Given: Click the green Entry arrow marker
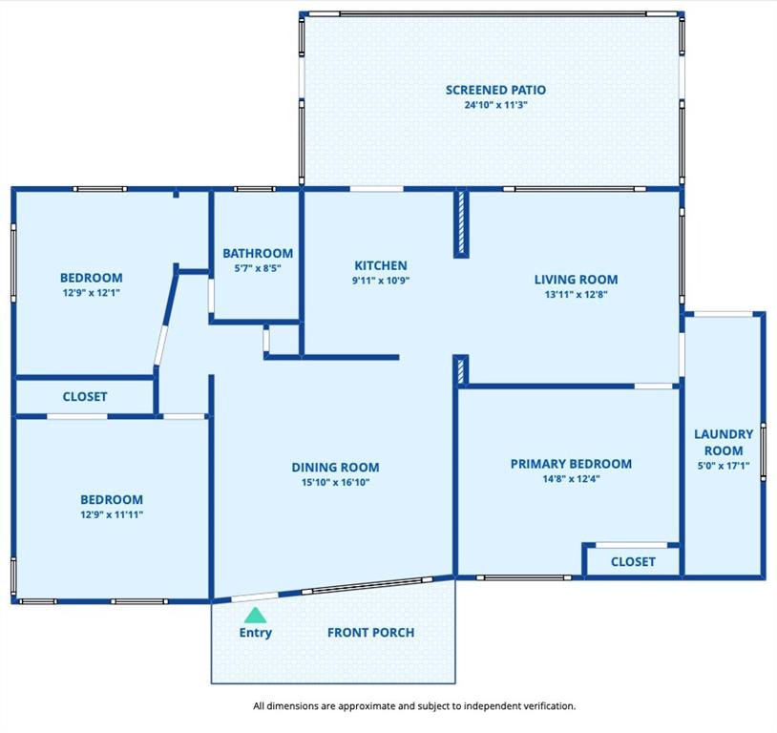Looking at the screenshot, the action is [x=255, y=616].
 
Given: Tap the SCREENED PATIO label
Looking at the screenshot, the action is [x=495, y=91].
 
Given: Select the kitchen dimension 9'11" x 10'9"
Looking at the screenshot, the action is [x=381, y=281].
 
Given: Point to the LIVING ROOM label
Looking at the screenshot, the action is [x=576, y=280].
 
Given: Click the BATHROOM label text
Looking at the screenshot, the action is [x=258, y=253].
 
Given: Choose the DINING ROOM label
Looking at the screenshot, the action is [x=335, y=468].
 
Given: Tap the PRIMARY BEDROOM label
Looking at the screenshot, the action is [x=571, y=464].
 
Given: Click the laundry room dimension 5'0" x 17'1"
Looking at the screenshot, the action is [x=724, y=466].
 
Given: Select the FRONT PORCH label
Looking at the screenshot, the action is [x=370, y=633].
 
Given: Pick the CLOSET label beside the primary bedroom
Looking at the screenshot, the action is [x=633, y=561].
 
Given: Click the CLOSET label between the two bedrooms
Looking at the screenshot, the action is [x=85, y=396].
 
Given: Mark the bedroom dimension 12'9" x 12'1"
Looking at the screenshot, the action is [x=92, y=293].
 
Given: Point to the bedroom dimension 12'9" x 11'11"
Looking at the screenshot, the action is [x=112, y=515].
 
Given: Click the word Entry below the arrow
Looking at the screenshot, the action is [x=255, y=633].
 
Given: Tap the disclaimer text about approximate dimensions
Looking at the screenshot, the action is [x=414, y=705].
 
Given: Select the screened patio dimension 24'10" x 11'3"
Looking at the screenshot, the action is [x=495, y=105].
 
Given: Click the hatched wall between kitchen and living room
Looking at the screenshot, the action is [x=461, y=223].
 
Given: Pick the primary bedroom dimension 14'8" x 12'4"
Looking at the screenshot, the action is [x=571, y=479].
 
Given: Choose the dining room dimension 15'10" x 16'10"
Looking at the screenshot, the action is [x=335, y=482].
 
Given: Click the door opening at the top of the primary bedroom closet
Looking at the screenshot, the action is [x=631, y=545].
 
